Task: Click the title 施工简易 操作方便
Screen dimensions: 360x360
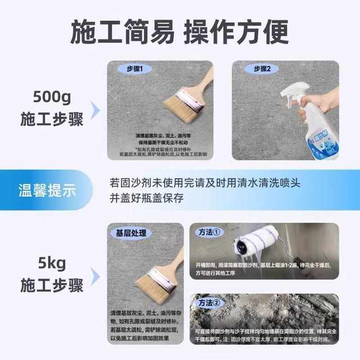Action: click(179, 32)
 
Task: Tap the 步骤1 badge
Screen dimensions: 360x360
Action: click(134, 70)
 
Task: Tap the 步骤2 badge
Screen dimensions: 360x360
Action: click(262, 69)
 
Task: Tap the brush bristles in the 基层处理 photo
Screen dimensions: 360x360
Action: click(154, 283)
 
